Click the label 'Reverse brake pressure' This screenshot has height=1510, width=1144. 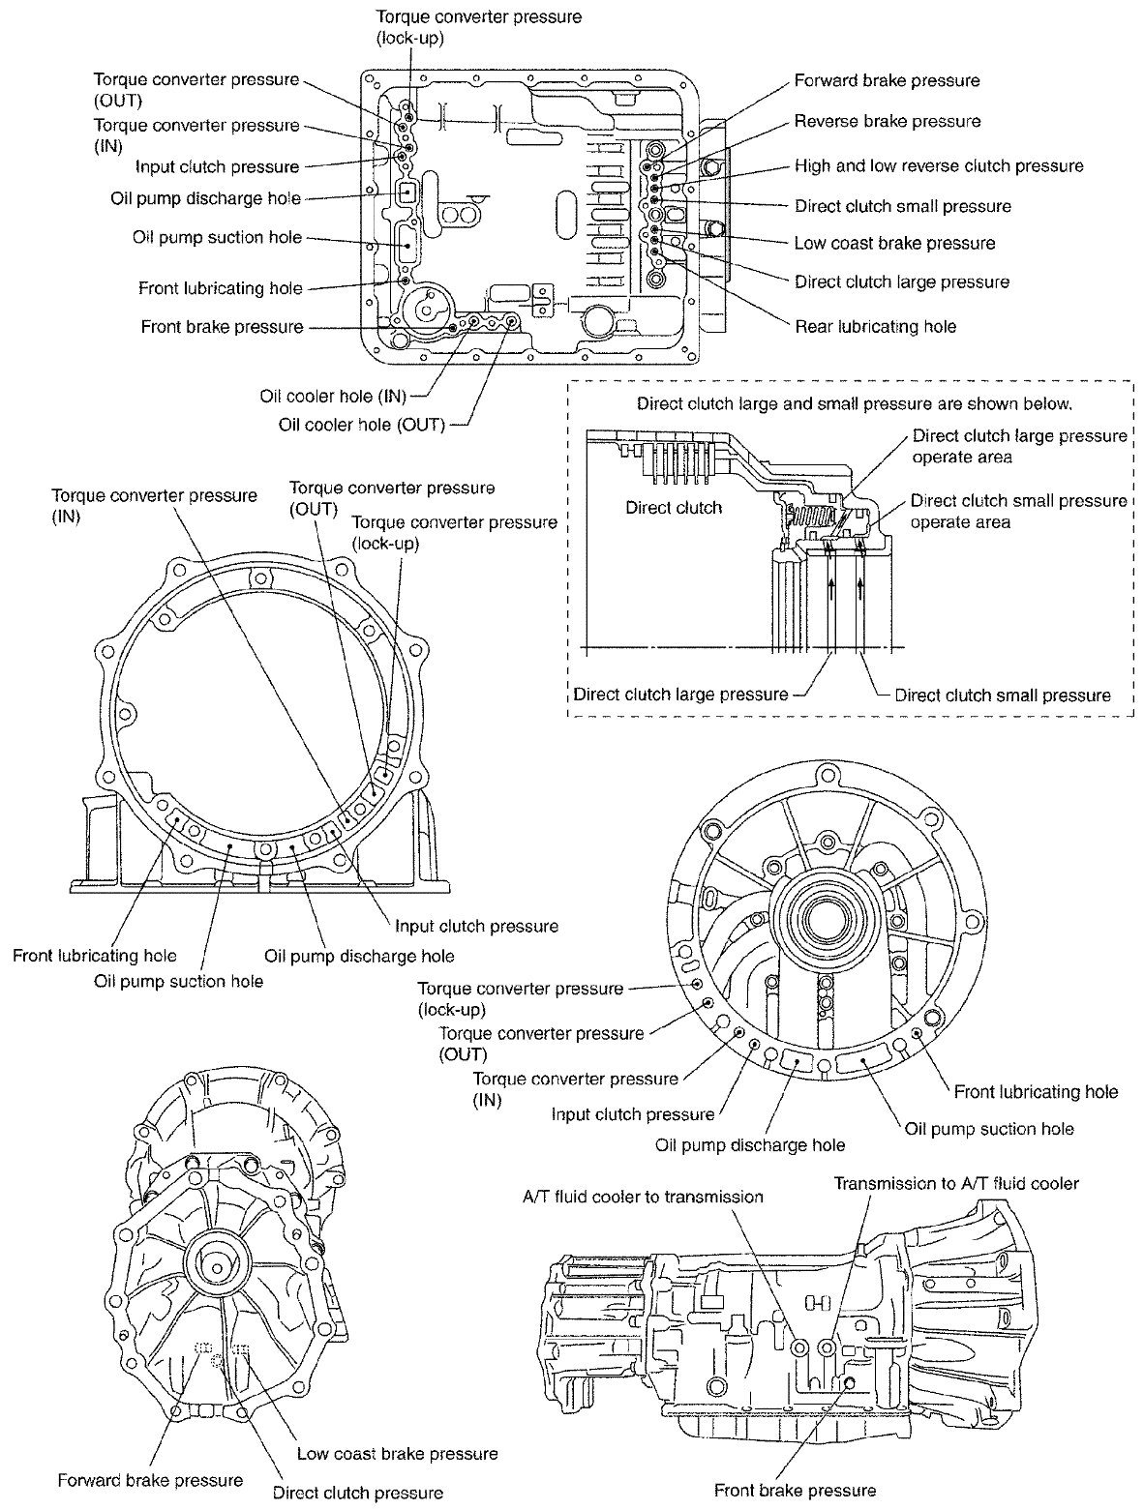click(x=887, y=122)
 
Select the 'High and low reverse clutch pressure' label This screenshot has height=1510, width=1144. click(x=938, y=166)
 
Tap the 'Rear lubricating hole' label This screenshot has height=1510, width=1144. click(x=875, y=327)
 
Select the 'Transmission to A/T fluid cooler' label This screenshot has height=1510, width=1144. click(x=956, y=1183)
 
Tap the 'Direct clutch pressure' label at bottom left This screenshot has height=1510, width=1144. click(x=358, y=1493)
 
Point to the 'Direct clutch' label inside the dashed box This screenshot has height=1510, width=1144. click(x=674, y=507)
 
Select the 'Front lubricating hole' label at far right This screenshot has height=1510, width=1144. click(x=1036, y=1092)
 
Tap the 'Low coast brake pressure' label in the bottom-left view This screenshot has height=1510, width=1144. click(x=397, y=1454)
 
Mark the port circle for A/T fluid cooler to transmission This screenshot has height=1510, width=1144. click(x=799, y=1347)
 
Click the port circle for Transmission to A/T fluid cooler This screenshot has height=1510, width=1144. click(x=826, y=1347)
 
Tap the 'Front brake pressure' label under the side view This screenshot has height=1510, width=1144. click(x=795, y=1491)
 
